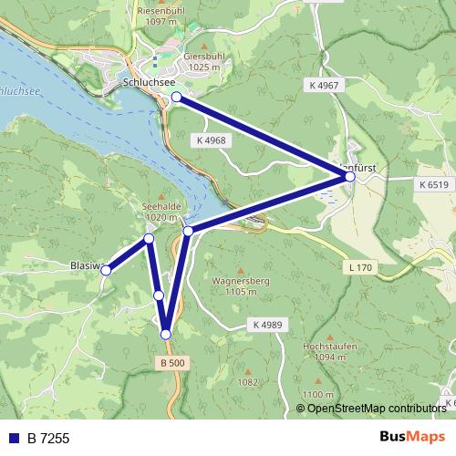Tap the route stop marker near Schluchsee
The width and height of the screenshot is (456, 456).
(176, 96)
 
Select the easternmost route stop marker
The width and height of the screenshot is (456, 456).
(350, 176)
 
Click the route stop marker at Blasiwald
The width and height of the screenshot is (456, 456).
(107, 270)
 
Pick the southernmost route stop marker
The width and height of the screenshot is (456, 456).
(166, 335)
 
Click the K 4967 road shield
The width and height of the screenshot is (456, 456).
(324, 85)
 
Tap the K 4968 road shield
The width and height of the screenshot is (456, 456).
(211, 140)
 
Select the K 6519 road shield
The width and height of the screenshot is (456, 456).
(435, 184)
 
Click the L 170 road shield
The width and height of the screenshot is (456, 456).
(361, 268)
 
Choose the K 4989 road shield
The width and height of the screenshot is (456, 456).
(265, 325)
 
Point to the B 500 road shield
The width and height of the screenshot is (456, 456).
(172, 363)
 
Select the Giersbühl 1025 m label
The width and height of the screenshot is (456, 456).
(202, 60)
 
